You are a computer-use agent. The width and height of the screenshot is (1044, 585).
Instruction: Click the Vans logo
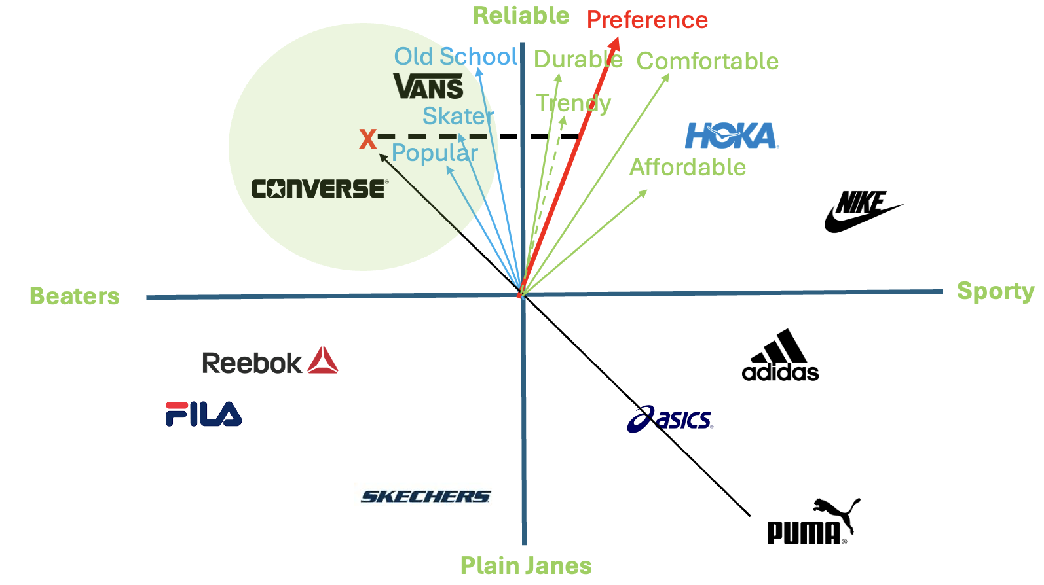pyautogui.click(x=428, y=86)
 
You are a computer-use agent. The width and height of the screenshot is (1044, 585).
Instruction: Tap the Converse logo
pyautogui.click(x=320, y=188)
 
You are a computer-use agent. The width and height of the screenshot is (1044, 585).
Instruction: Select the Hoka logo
pyautogui.click(x=732, y=136)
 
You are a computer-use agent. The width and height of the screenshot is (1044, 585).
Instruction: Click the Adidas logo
pyautogui.click(x=780, y=356)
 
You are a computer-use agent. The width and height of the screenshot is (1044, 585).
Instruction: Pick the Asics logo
pyautogui.click(x=670, y=419)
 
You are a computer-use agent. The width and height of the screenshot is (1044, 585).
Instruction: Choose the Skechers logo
pyautogui.click(x=426, y=497)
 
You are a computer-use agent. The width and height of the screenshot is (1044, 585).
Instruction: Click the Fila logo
pyautogui.click(x=204, y=414)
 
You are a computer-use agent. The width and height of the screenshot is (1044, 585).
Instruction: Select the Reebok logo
pyautogui.click(x=270, y=361)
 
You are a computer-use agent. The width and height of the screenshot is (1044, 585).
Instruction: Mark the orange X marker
pyautogui.click(x=367, y=139)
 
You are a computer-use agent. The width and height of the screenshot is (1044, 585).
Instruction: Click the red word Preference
pyautogui.click(x=647, y=20)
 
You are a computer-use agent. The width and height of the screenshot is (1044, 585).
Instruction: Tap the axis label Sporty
pyautogui.click(x=996, y=291)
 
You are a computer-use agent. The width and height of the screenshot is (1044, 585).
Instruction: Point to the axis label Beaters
pyautogui.click(x=75, y=296)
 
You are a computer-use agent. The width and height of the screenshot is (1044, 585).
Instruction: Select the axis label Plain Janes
pyautogui.click(x=526, y=565)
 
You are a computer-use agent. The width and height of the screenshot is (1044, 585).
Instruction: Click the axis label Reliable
pyautogui.click(x=521, y=16)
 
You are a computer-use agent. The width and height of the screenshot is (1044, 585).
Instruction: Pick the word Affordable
pyautogui.click(x=688, y=168)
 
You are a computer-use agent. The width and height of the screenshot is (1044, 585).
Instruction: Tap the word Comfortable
pyautogui.click(x=707, y=62)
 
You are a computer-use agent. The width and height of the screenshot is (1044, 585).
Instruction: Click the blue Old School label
pyautogui.click(x=456, y=57)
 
